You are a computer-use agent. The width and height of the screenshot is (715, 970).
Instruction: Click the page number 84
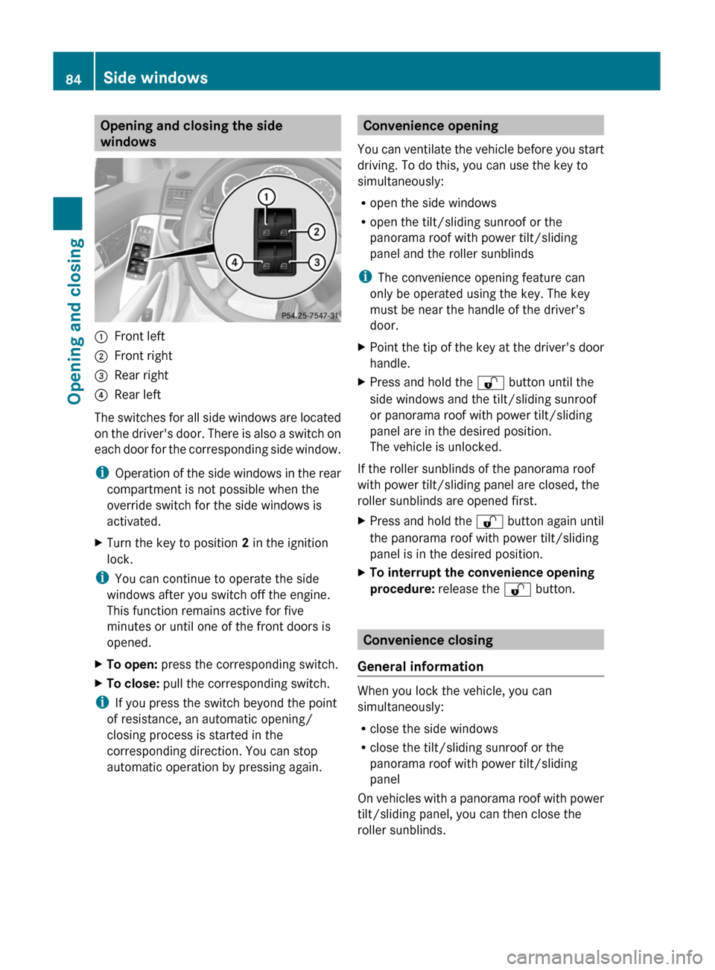point(73,79)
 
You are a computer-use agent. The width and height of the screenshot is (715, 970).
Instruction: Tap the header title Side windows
point(156,77)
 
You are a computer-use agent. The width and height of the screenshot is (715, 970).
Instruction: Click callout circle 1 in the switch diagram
point(266,197)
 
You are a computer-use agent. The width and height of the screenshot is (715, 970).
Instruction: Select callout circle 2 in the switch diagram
point(317,232)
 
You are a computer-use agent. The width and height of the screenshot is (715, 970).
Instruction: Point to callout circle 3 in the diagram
point(317,262)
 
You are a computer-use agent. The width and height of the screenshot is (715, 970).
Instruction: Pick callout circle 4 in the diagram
point(235,262)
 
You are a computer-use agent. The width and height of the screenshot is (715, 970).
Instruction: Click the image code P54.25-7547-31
point(309,316)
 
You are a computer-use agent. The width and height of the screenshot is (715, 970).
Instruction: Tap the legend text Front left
point(139,336)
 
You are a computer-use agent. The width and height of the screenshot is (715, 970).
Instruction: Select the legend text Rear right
point(141,375)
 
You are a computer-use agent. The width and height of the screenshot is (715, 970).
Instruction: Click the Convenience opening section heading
point(430,126)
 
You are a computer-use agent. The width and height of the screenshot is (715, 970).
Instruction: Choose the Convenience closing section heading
point(428,640)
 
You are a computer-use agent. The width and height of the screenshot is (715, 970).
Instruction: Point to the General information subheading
point(420,667)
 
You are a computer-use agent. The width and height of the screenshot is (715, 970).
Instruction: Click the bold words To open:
point(132,665)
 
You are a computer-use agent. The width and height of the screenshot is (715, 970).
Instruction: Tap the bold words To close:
point(133,684)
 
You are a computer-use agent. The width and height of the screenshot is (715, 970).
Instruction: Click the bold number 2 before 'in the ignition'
point(245,543)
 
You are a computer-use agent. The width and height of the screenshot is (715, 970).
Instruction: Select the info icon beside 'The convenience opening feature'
point(364,277)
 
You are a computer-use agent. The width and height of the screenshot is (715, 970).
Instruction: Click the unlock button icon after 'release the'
point(517,590)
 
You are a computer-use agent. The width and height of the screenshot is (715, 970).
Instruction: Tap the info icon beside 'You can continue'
point(101,578)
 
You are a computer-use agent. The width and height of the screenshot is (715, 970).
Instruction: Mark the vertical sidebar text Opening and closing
point(74,320)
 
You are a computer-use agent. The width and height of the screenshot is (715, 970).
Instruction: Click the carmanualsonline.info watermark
point(604,957)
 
